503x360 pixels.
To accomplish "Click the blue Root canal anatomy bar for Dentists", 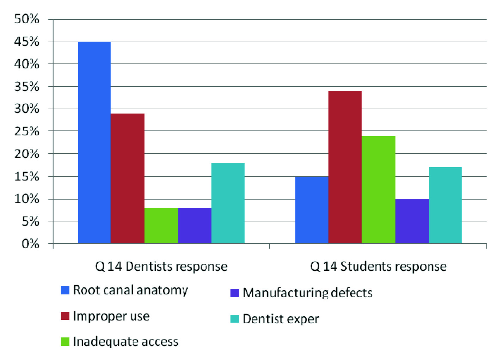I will [94, 142].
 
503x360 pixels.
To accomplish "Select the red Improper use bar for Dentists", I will [127, 178].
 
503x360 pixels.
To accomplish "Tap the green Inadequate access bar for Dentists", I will [161, 226].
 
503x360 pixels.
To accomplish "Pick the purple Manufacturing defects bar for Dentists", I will [195, 226].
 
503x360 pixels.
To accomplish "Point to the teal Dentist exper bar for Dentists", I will [228, 203].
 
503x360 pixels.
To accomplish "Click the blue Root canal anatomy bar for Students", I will [312, 210].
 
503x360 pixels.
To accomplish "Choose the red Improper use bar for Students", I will [345, 167].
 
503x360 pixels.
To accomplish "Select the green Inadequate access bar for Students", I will [378, 190].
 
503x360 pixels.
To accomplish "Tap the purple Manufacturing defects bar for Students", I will [412, 221].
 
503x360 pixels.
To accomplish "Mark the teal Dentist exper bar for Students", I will [445, 205].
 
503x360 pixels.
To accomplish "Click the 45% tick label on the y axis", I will [26, 42].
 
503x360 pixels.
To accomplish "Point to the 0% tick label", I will [30, 244].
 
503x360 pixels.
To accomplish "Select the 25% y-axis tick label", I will [26, 131].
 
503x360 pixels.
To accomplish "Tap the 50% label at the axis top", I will [26, 19].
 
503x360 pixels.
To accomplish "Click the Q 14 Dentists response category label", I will [161, 266].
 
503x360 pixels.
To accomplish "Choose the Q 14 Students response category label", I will [378, 266].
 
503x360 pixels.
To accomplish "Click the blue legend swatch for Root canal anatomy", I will [65, 290].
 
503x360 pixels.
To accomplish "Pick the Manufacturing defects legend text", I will [307, 293].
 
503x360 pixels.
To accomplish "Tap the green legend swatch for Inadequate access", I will [65, 342].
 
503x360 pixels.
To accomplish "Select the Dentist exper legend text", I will [281, 319].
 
